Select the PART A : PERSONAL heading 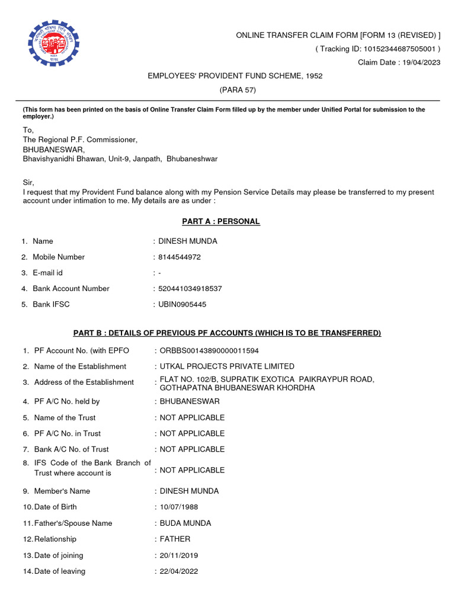220,222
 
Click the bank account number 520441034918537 190,289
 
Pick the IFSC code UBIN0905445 182,305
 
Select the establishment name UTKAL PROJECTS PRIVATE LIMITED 227,366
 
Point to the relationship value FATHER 175,539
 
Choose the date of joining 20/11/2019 179,555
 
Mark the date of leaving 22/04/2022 179,571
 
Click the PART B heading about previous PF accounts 227,333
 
